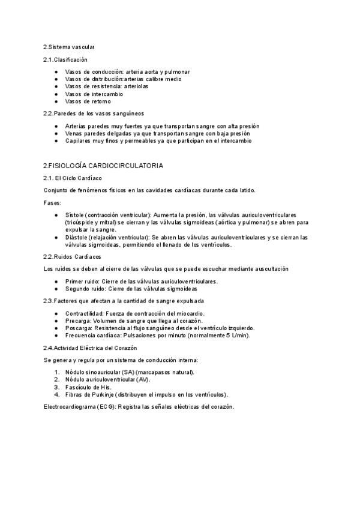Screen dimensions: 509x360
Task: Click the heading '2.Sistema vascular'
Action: [x=68, y=47]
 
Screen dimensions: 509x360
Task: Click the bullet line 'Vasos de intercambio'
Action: [x=95, y=94]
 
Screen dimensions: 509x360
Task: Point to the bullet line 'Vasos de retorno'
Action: [x=89, y=102]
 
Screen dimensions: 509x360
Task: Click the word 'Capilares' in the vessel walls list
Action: [x=78, y=141]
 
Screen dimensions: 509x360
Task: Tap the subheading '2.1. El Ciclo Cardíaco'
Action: [x=73, y=178]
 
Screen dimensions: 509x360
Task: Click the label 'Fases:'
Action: [x=52, y=203]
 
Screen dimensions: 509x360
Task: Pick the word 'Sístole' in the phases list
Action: [x=75, y=214]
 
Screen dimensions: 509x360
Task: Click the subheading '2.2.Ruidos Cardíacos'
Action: [x=72, y=256]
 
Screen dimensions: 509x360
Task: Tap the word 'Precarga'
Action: [x=77, y=321]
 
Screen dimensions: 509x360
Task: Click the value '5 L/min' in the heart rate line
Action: [x=224, y=335]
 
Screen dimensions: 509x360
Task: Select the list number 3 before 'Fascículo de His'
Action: [x=56, y=387]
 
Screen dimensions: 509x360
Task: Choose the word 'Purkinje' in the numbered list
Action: [x=102, y=394]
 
